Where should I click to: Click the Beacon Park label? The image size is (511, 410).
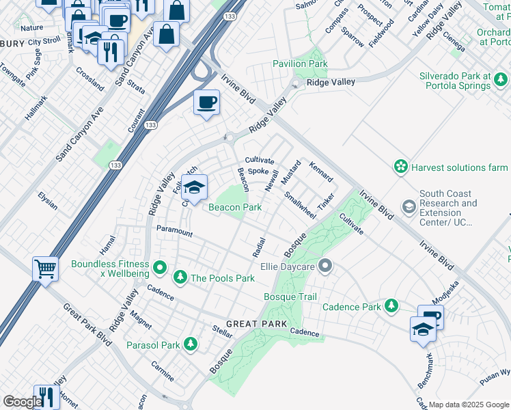pyautogui.click(x=235, y=207)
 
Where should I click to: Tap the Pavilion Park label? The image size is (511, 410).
pyautogui.click(x=301, y=64)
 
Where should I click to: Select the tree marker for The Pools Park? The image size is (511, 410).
pyautogui.click(x=180, y=277)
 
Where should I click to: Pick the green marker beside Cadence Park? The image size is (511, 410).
pyautogui.click(x=391, y=305)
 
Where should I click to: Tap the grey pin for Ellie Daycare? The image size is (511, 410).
pyautogui.click(x=326, y=265)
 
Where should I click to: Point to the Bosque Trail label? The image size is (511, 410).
pyautogui.click(x=290, y=297)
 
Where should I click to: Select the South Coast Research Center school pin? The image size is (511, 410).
pyautogui.click(x=409, y=206)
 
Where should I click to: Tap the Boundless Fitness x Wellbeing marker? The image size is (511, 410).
pyautogui.click(x=160, y=267)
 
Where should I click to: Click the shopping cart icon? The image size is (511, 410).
pyautogui.click(x=46, y=268)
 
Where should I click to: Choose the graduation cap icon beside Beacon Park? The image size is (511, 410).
pyautogui.click(x=195, y=187)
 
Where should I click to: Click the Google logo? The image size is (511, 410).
pyautogui.click(x=21, y=402)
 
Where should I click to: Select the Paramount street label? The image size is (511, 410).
pyautogui.click(x=175, y=232)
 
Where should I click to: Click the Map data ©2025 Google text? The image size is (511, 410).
pyautogui.click(x=468, y=404)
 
